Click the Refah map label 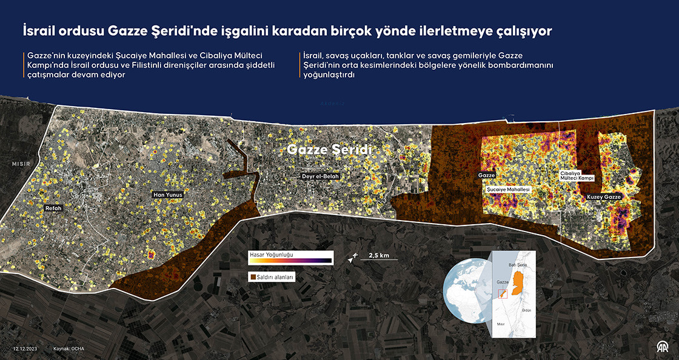pyautogui.click(x=53, y=208)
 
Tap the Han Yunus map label pyautogui.click(x=167, y=195)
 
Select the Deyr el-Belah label pyautogui.click(x=321, y=177)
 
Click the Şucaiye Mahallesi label pyautogui.click(x=509, y=190)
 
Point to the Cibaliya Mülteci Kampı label pyautogui.click(x=577, y=176)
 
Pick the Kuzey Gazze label pyautogui.click(x=604, y=197)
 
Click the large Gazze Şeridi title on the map pyautogui.click(x=329, y=149)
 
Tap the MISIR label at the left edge pyautogui.click(x=21, y=164)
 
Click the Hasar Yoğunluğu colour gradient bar pyautogui.click(x=290, y=261)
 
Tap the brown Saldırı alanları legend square pyautogui.click(x=252, y=277)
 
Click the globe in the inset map pyautogui.click(x=466, y=290)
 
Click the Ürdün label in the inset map pyautogui.click(x=526, y=310)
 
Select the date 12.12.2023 pyautogui.click(x=25, y=348)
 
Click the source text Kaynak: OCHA pyautogui.click(x=68, y=348)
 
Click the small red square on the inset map pyautogui.click(x=501, y=295)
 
